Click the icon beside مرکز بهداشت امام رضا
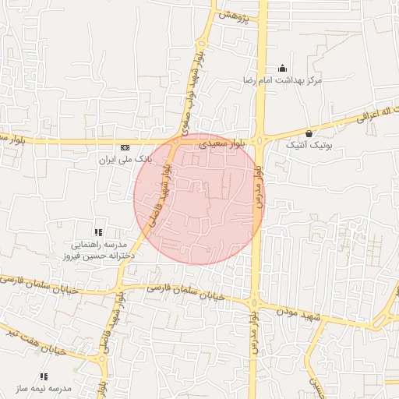[281, 67]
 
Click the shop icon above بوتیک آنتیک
[309, 133]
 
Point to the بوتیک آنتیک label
[309, 146]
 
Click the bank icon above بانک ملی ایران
[125, 147]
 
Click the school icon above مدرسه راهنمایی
[98, 231]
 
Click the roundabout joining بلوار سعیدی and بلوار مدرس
[261, 141]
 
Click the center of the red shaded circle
[199, 199]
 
